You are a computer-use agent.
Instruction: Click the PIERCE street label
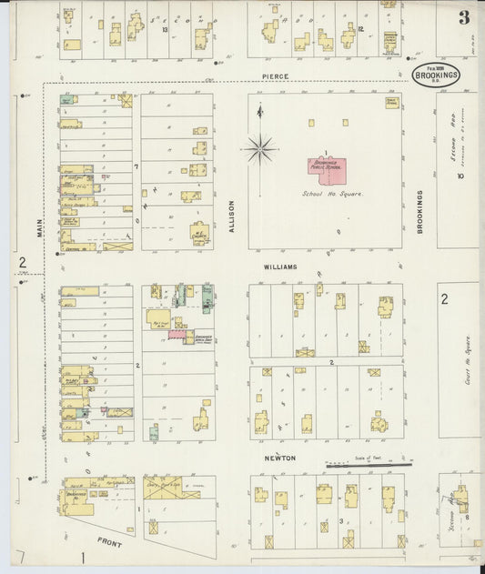click(x=275, y=76)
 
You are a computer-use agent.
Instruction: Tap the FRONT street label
click(x=110, y=543)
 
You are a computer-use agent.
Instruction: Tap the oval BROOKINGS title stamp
click(x=437, y=74)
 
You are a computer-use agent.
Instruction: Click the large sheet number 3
click(x=464, y=17)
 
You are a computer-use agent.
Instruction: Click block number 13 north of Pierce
click(x=165, y=30)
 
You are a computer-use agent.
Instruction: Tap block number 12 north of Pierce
click(x=361, y=30)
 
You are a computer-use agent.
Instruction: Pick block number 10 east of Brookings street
click(x=460, y=176)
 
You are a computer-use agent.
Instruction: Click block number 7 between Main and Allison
click(x=136, y=166)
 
